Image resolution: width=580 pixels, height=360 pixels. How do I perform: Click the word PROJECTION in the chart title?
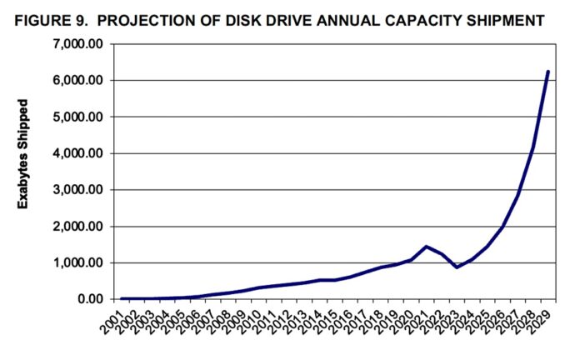click(x=148, y=17)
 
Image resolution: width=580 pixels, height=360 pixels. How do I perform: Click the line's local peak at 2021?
click(x=427, y=247)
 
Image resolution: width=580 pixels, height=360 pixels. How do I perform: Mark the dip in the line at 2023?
click(x=457, y=267)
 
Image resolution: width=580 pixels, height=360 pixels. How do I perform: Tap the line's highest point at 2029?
click(x=548, y=72)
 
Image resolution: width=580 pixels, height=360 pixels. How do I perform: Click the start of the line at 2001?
click(x=122, y=298)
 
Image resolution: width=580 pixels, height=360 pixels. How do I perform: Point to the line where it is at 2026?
click(x=502, y=227)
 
